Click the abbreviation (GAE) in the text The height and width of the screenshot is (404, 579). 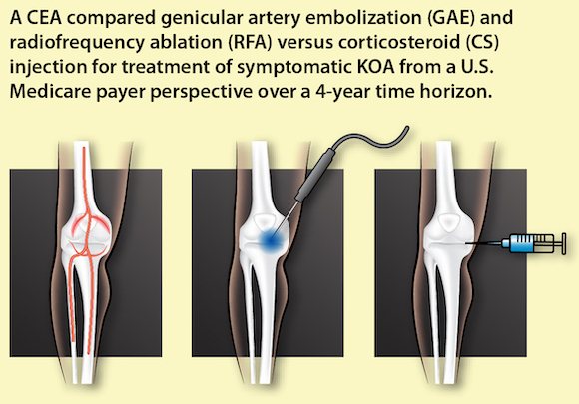(x=451, y=17)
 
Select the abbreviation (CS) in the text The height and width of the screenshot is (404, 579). (x=482, y=42)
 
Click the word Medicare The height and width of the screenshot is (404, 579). (x=50, y=92)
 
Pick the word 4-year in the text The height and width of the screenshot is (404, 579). (x=343, y=92)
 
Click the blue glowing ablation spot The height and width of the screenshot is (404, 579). (x=271, y=240)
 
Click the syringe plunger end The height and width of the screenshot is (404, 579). (x=563, y=243)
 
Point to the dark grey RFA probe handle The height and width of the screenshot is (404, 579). (x=315, y=176)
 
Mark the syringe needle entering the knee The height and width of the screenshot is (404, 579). (x=482, y=243)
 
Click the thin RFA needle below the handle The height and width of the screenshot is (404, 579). (x=287, y=219)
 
